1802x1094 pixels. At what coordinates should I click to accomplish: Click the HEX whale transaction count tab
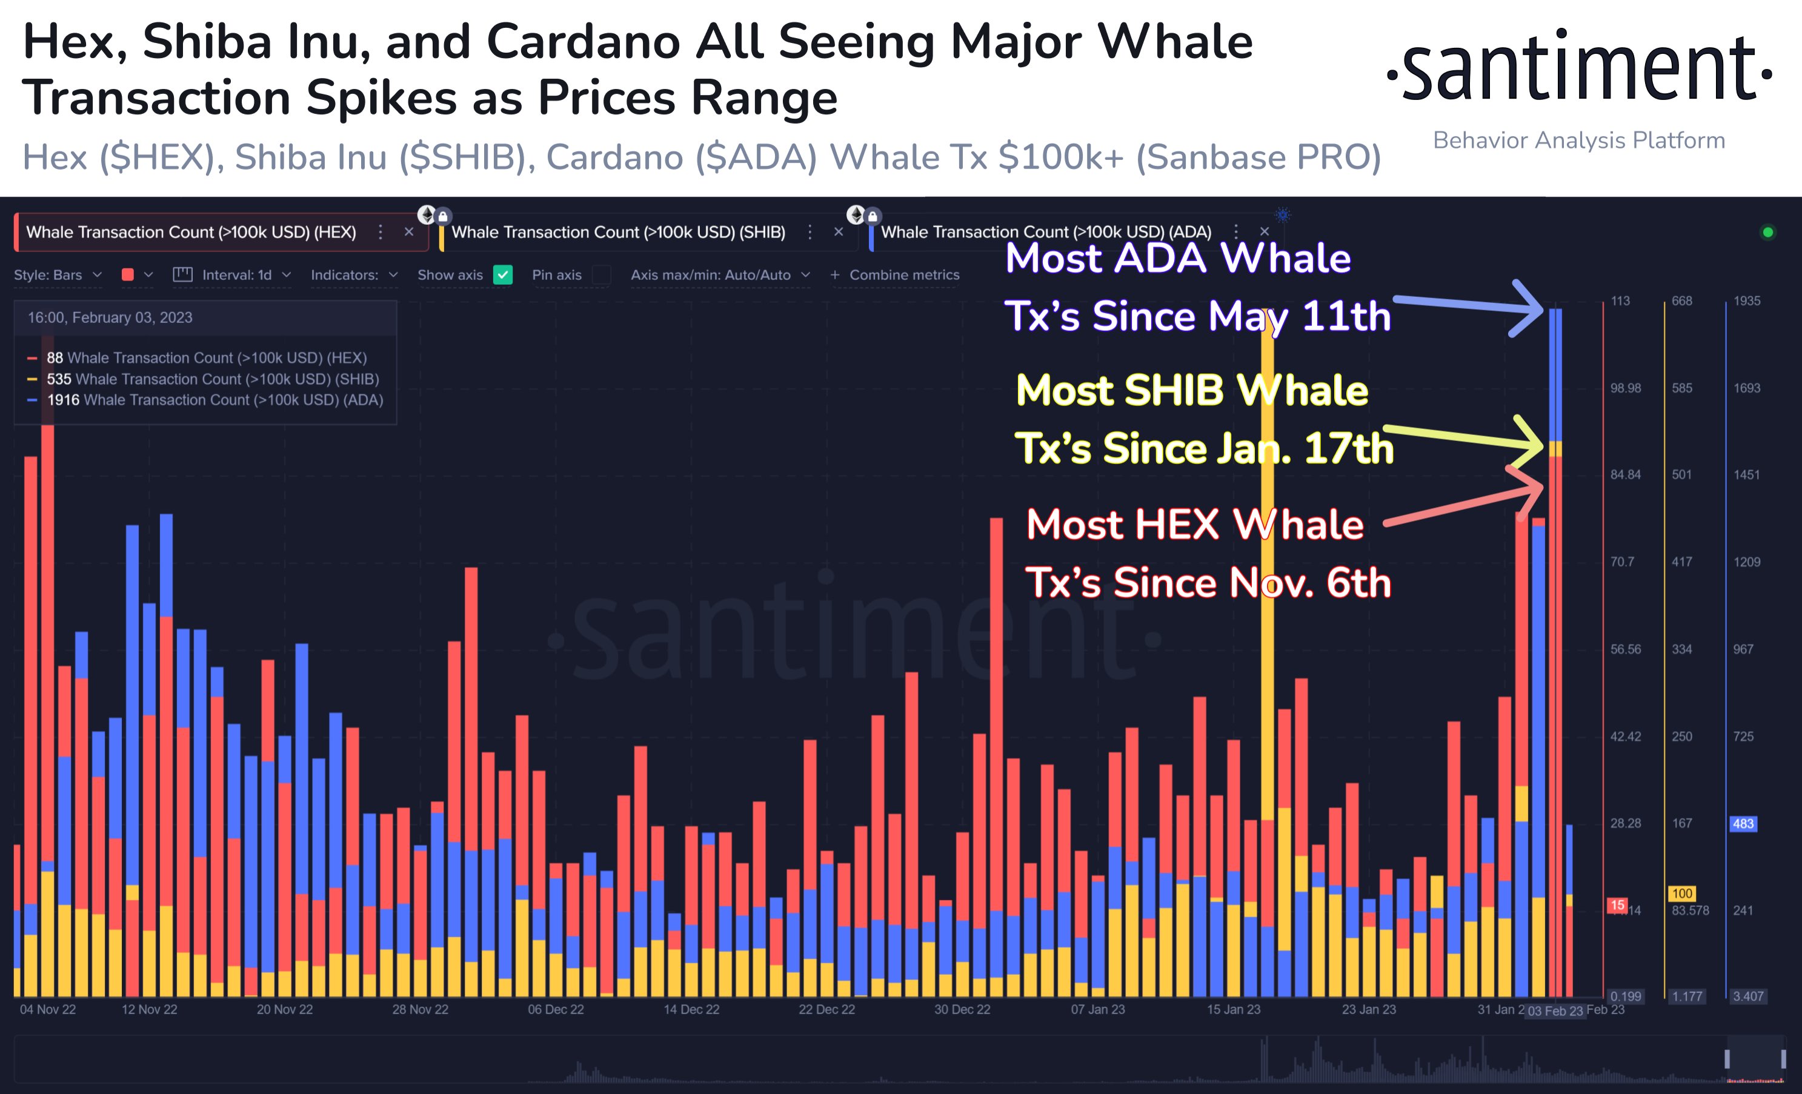(x=191, y=233)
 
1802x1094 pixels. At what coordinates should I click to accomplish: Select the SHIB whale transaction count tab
(x=618, y=233)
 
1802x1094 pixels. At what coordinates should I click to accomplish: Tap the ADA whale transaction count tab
(x=1046, y=233)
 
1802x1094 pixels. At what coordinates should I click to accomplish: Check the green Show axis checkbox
(x=503, y=275)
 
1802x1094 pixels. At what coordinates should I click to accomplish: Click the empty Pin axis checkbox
(x=601, y=275)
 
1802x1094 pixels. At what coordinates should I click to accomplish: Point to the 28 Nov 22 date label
(x=420, y=1010)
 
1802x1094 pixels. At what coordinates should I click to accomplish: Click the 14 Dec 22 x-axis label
(x=691, y=1010)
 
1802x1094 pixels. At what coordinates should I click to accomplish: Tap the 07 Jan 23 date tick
(x=1098, y=1010)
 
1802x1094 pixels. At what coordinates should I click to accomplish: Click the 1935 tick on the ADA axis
(x=1746, y=301)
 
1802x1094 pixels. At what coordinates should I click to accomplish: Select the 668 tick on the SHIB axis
(x=1681, y=301)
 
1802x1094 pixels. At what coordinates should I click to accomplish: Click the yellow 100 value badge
(x=1682, y=893)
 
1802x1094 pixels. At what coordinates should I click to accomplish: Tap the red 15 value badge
(x=1618, y=906)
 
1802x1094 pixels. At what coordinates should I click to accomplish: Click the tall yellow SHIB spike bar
(x=1268, y=585)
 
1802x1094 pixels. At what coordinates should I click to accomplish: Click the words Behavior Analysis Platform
(x=1578, y=141)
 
